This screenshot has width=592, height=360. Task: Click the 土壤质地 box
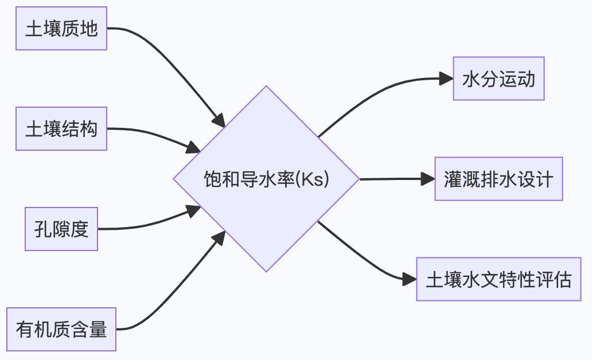tap(61, 29)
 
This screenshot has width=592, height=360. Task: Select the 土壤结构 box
tap(61, 129)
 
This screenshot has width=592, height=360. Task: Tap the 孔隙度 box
tap(61, 229)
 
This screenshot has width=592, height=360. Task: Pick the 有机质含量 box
tap(61, 330)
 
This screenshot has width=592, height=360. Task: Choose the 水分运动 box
tap(498, 79)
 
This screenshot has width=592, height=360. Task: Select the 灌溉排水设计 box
tap(498, 179)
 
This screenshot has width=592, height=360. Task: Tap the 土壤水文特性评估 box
tap(498, 279)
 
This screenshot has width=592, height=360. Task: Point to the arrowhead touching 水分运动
tap(446, 79)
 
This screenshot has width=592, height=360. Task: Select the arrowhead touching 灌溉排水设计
tap(428, 179)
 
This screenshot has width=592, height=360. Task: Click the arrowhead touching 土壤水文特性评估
tap(410, 279)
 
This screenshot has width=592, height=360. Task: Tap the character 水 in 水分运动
tap(471, 79)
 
